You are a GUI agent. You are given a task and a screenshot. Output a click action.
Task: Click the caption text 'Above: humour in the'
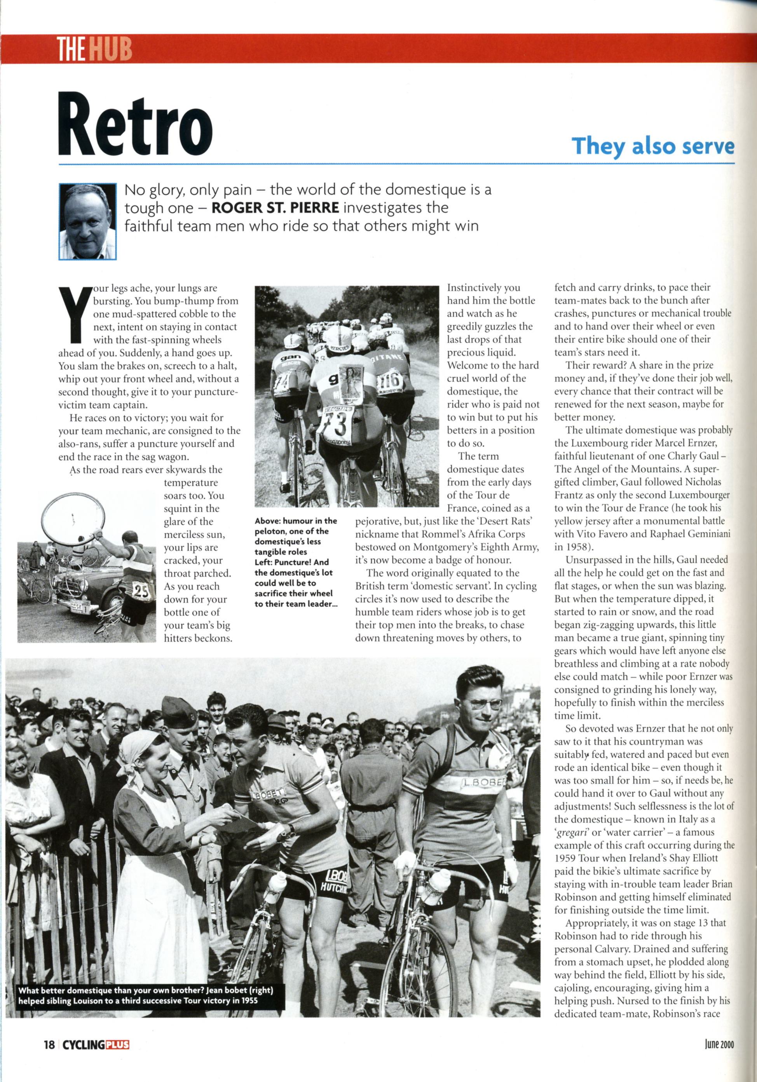coord(296,521)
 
